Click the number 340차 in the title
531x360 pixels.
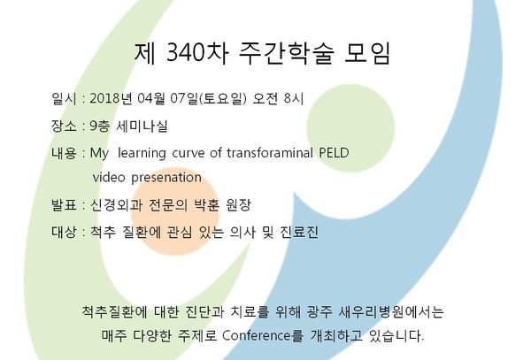tap(197, 53)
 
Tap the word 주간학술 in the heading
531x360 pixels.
tap(287, 53)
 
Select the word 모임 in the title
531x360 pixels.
tap(367, 53)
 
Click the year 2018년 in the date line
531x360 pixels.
tap(111, 98)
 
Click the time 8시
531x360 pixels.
tap(294, 98)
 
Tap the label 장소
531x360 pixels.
tap(64, 126)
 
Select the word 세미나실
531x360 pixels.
tap(142, 126)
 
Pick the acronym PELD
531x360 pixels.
tap(334, 153)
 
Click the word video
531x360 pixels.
tap(109, 177)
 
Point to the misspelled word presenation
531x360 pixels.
tap(166, 178)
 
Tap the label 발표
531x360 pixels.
tap(64, 204)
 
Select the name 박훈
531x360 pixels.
tap(207, 204)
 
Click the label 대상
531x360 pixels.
tap(64, 232)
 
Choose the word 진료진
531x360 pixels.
tap(299, 232)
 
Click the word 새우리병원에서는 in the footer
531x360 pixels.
tap(391, 311)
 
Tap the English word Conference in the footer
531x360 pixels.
tap(257, 335)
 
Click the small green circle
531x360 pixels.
tap(350, 128)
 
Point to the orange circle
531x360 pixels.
tap(175, 211)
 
